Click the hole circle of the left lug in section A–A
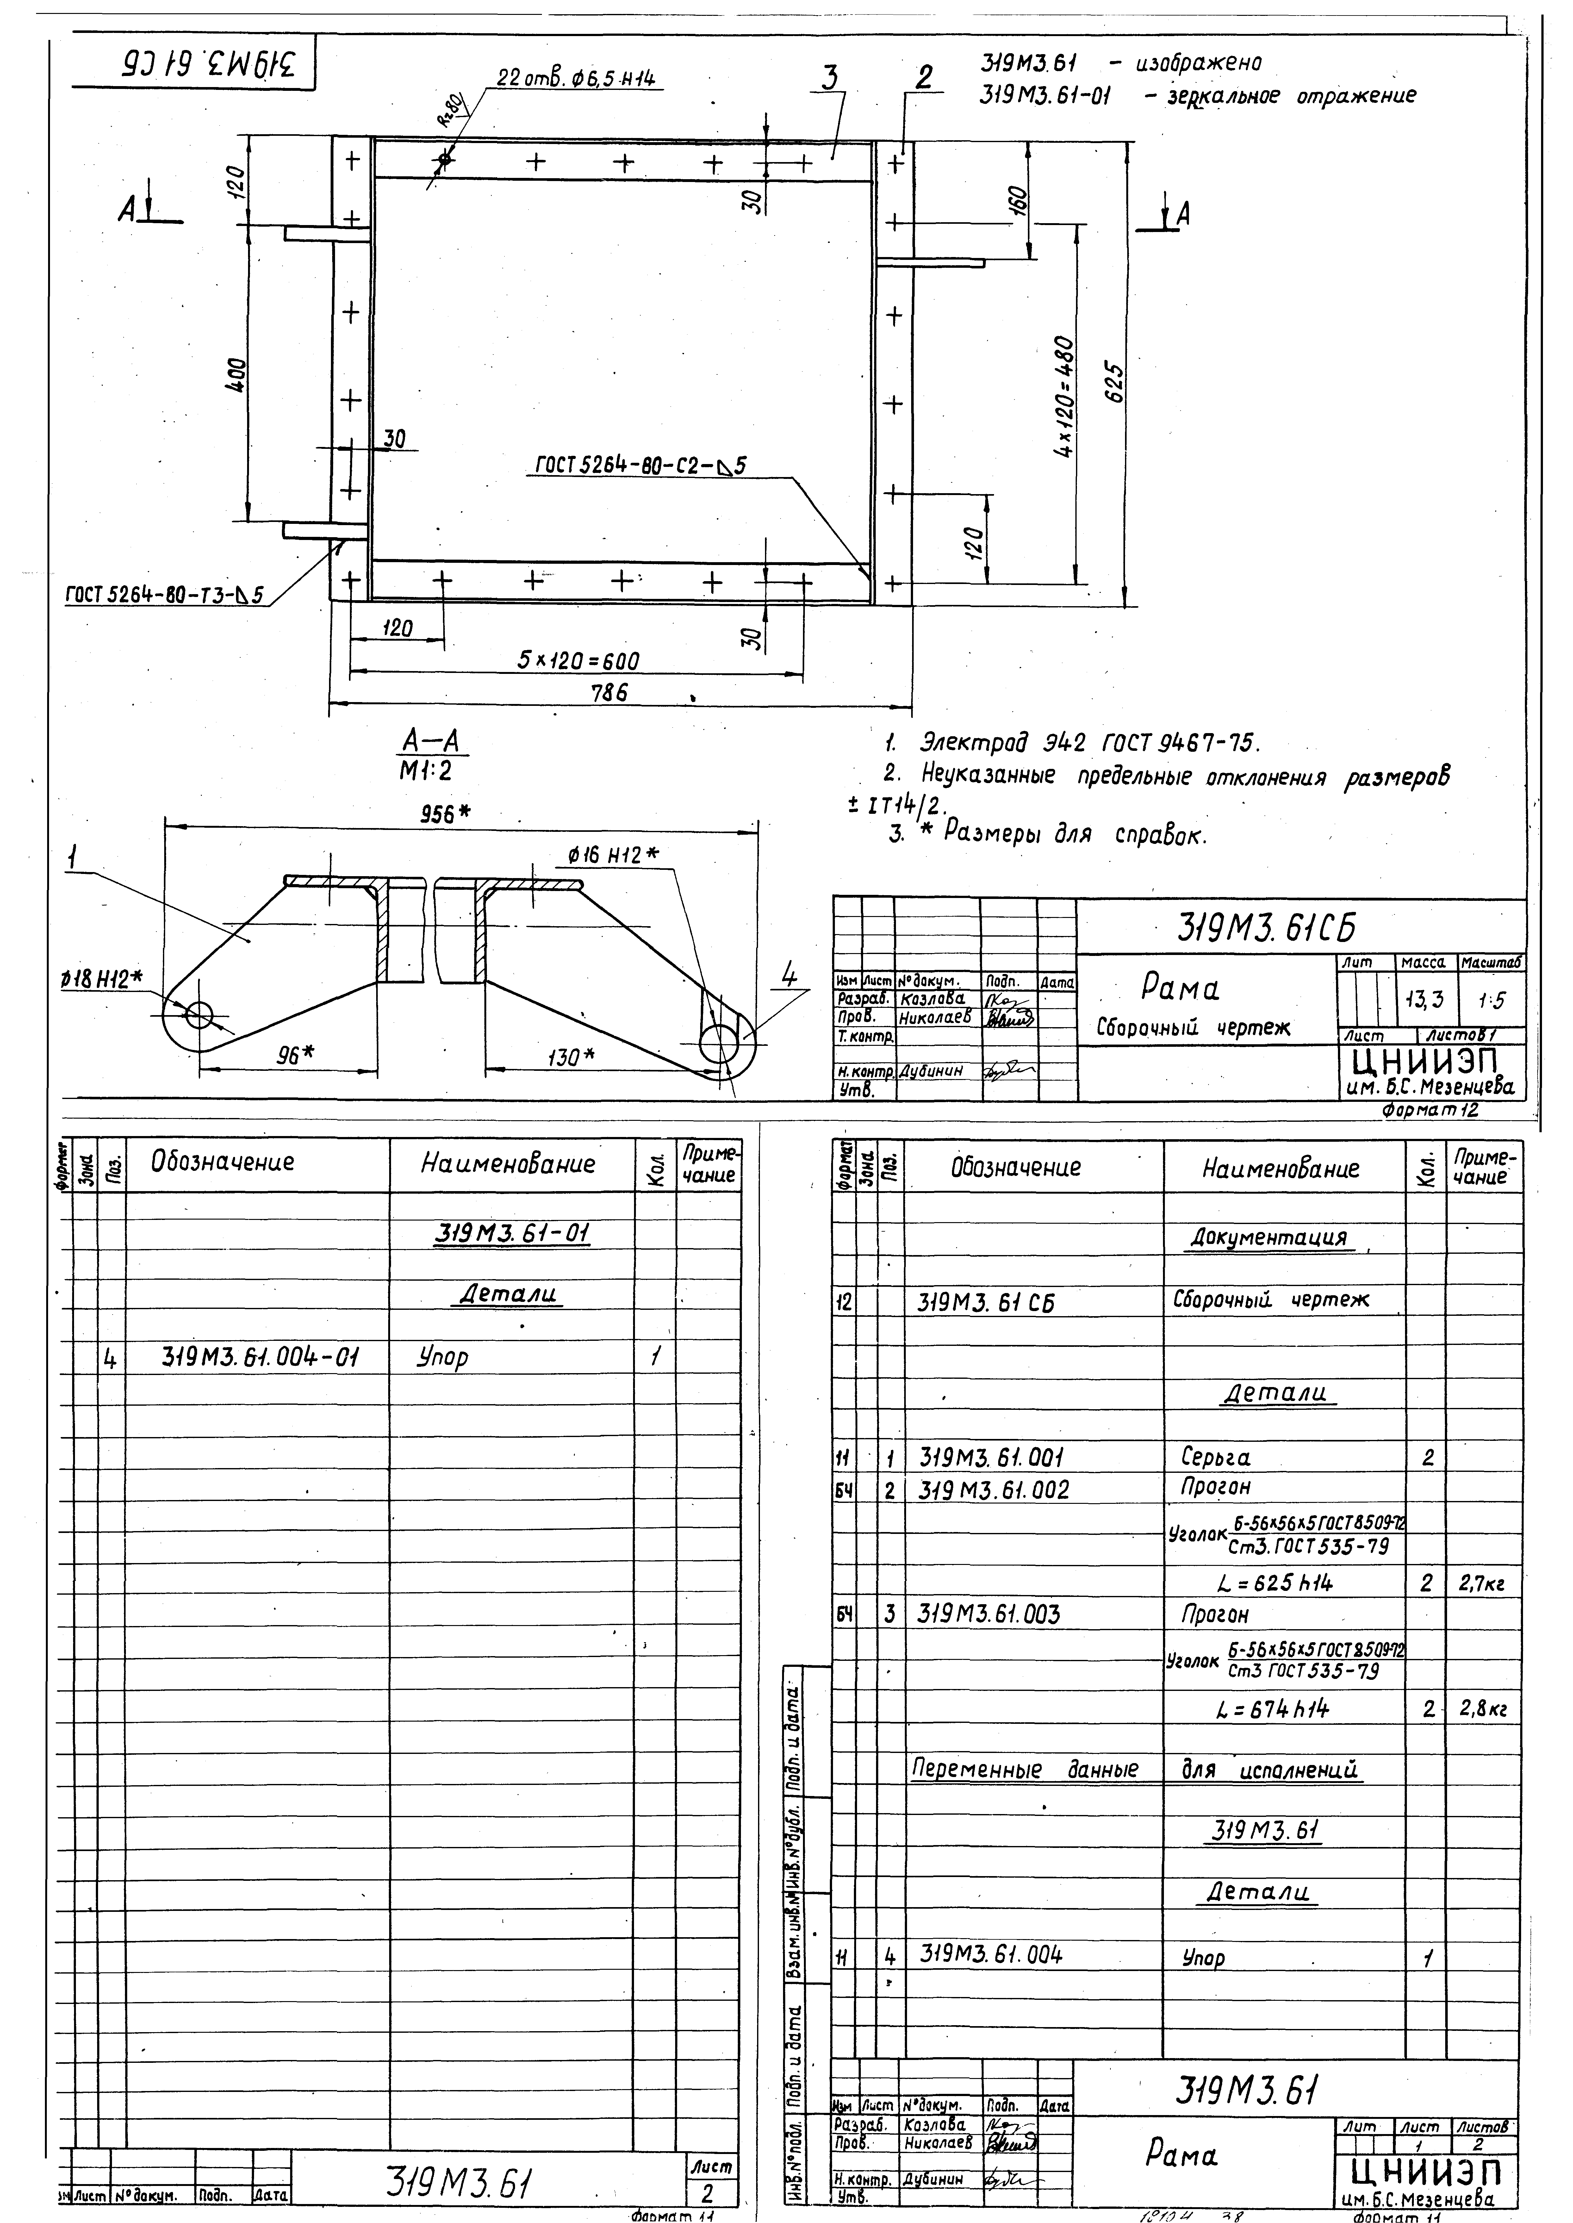[x=199, y=1014]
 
